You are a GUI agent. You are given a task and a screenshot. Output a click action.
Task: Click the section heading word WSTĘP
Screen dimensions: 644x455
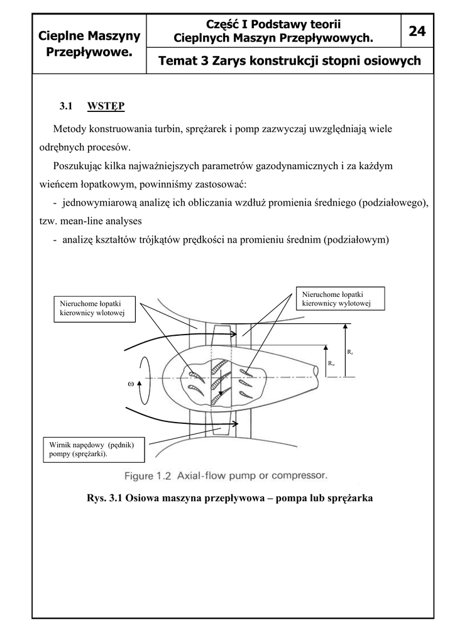(106, 106)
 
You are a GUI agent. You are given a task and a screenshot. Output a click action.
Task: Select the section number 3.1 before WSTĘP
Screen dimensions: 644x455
(68, 106)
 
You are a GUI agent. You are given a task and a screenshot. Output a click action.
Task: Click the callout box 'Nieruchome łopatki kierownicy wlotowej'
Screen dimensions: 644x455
(94, 308)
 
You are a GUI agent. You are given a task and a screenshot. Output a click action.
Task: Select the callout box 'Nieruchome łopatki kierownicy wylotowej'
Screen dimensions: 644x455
(339, 299)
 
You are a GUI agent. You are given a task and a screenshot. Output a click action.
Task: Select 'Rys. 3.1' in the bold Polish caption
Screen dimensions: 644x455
(104, 498)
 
